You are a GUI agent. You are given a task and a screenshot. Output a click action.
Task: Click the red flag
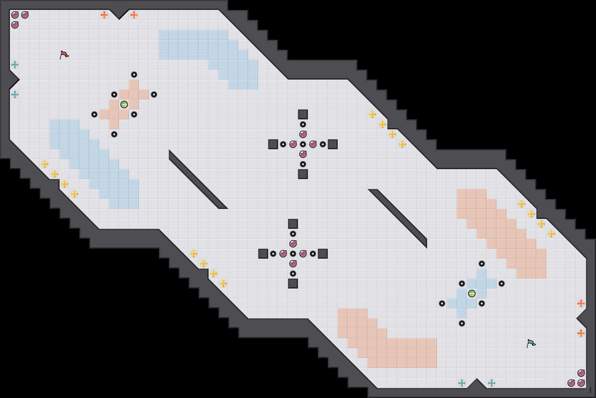64,55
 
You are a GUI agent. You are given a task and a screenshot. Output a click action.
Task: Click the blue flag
531,344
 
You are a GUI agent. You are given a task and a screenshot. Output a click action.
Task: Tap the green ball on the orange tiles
124,104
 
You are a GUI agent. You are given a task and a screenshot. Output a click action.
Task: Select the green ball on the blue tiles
472,294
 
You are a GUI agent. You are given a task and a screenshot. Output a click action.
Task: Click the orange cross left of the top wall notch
104,15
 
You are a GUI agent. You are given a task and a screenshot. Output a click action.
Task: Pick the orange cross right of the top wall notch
134,15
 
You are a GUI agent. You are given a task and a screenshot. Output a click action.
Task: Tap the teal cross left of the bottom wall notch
462,383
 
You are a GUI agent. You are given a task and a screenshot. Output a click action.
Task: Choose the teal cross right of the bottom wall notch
492,383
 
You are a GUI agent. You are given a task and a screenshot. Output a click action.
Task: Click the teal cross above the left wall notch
15,65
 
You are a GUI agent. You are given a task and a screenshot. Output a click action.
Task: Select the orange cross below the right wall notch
581,333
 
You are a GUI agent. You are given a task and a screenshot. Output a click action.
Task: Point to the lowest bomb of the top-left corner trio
15,25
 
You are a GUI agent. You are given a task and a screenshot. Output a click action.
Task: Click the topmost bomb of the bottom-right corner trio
581,373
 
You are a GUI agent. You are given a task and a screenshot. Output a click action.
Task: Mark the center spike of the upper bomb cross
303,144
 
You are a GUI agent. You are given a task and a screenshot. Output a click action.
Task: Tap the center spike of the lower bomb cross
293,253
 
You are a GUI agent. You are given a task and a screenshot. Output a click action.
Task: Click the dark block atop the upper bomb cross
303,114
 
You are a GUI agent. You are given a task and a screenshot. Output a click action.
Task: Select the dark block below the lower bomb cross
293,284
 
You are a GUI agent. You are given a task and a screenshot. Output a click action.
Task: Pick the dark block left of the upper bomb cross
273,144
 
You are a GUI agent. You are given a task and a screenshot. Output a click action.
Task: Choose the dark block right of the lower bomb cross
323,253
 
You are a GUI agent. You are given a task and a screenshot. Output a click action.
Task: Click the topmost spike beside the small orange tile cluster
134,75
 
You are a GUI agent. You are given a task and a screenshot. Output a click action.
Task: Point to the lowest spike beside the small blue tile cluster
462,323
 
